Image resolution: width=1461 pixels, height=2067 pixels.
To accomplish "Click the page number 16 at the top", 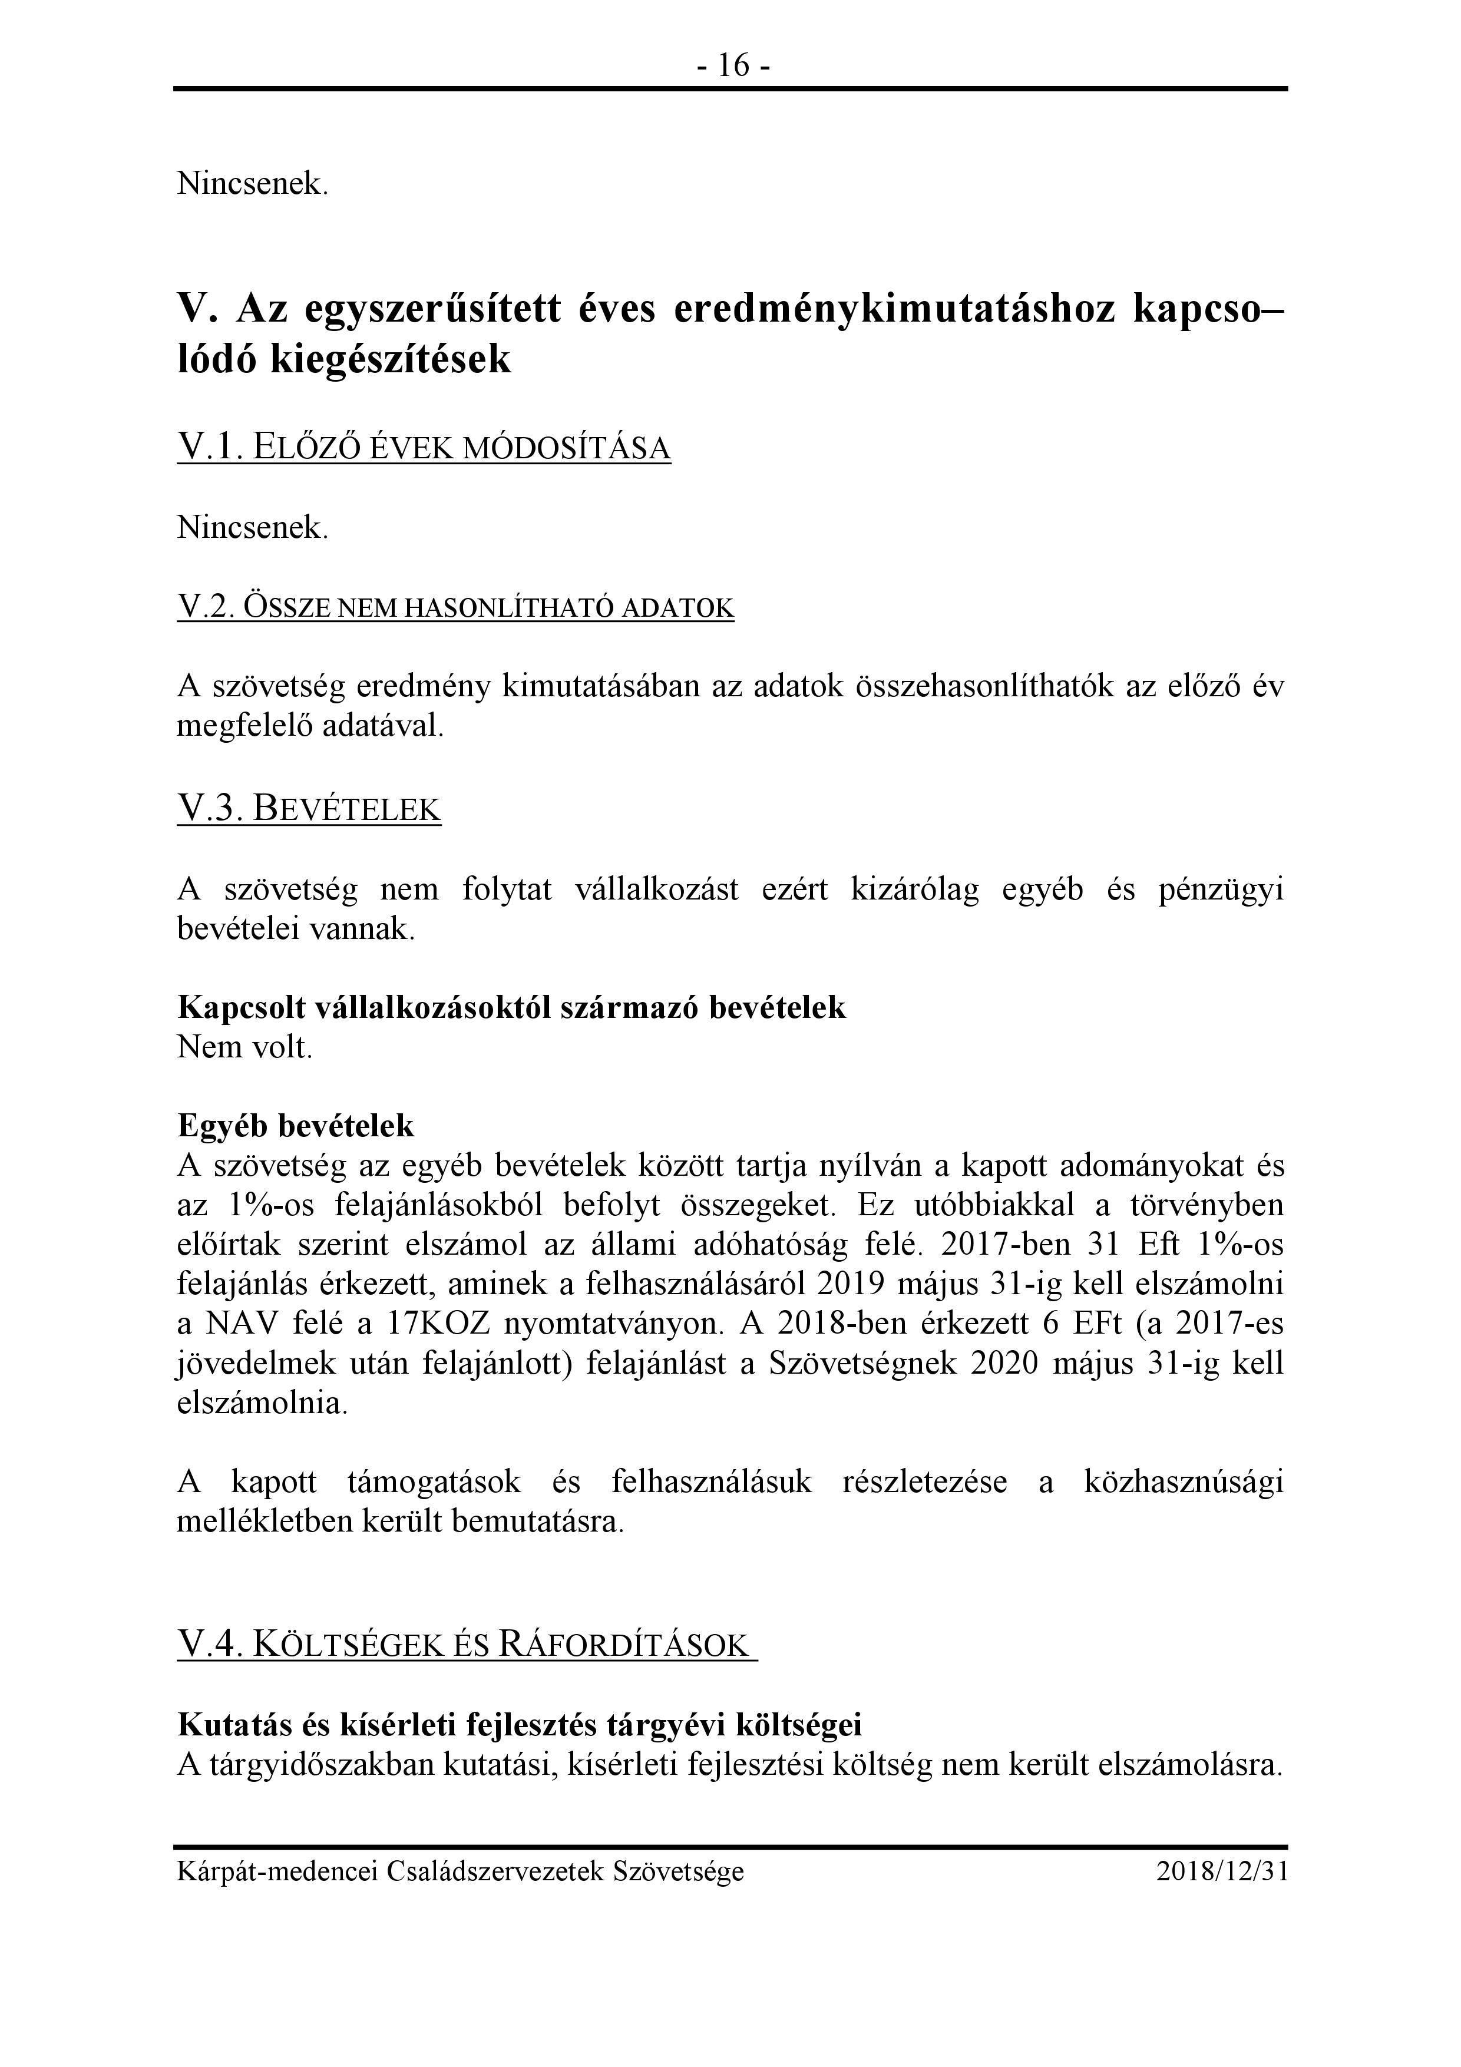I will [x=733, y=66].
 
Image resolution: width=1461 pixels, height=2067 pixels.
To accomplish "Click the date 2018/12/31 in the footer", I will [x=1222, y=1871].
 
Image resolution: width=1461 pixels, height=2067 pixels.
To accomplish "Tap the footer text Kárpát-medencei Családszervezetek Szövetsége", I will [x=460, y=1871].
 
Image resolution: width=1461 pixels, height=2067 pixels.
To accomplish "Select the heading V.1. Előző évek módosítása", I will [x=424, y=448].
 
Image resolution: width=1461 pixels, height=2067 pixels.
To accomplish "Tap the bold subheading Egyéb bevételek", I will [x=296, y=1125].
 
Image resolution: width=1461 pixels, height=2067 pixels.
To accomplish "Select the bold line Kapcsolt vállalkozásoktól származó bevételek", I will [x=511, y=1007].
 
